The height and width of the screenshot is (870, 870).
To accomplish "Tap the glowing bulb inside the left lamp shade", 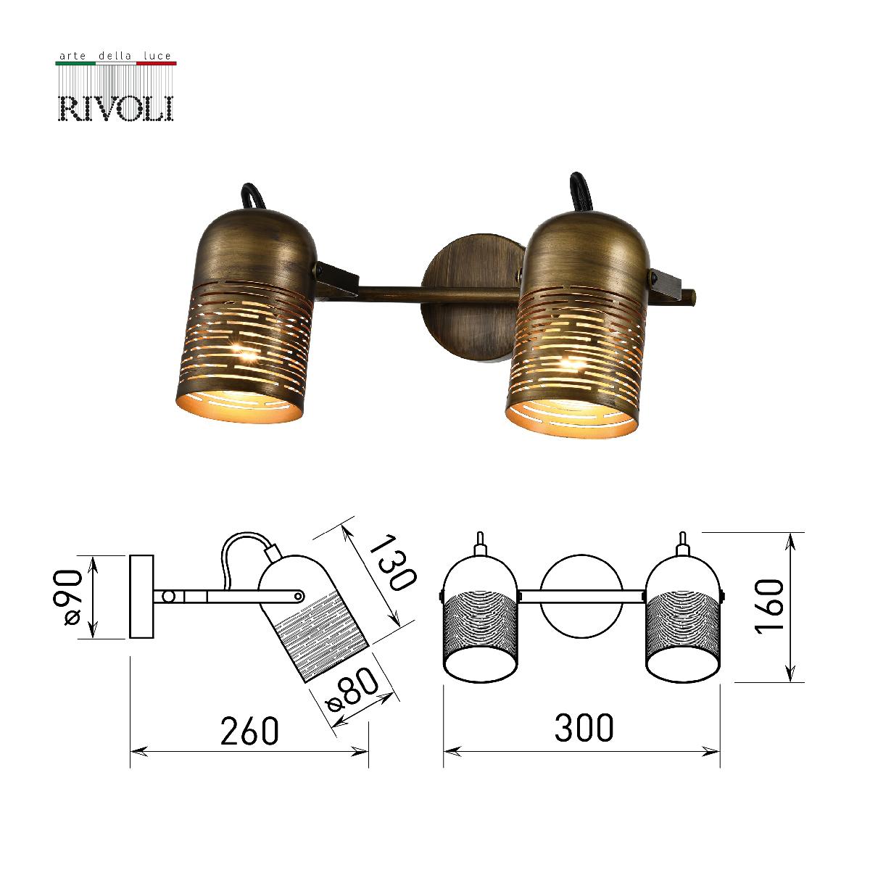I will point(246,355).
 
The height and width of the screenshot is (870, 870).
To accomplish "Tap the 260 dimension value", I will point(249,730).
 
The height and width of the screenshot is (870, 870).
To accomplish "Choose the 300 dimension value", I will point(583,727).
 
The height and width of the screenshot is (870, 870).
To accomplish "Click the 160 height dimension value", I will point(769,607).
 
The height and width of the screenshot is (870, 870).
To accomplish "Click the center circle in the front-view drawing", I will point(581,597).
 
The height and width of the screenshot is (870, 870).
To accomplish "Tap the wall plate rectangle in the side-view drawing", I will point(142,596).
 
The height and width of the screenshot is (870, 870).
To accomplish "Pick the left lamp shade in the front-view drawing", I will point(480,616).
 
